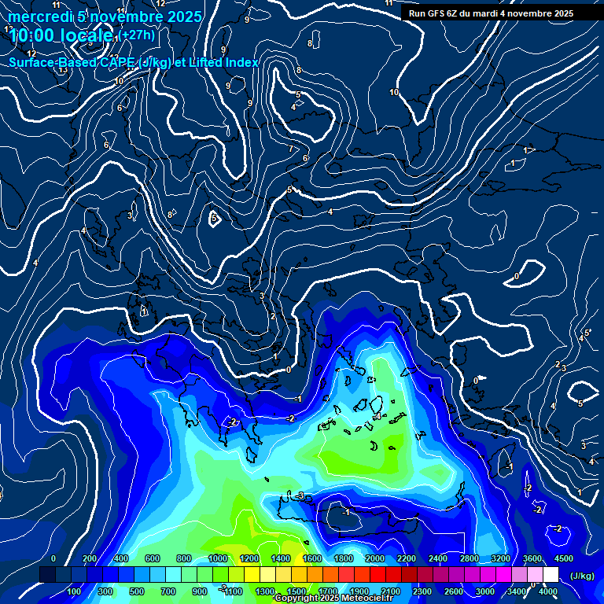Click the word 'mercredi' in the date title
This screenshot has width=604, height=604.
[x=36, y=17]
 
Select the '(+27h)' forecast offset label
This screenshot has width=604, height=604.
[x=137, y=35]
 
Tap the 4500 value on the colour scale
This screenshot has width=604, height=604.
[x=563, y=558]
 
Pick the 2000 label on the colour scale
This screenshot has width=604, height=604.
[x=375, y=558]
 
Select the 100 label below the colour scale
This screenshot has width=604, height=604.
[x=75, y=591]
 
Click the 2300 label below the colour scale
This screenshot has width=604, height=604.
[x=422, y=591]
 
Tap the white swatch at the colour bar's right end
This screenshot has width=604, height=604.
[x=551, y=575]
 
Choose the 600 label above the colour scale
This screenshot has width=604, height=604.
[x=153, y=558]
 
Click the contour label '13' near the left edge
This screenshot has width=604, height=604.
[x=63, y=70]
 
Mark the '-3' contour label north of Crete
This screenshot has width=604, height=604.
[x=300, y=495]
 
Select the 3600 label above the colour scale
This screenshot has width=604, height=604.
[x=532, y=558]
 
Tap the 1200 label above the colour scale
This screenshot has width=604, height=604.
[x=249, y=558]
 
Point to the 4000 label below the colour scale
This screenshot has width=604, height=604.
[x=548, y=591]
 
